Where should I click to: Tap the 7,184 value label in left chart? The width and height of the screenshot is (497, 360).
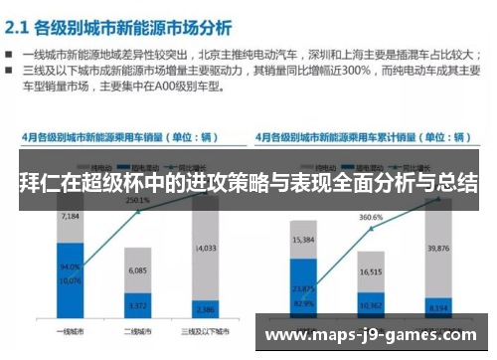point(69,216)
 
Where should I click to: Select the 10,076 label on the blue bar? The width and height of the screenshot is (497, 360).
point(69,279)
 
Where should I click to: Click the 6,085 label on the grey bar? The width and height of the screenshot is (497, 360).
point(137,270)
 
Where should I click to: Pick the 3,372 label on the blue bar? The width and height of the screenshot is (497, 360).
point(137,305)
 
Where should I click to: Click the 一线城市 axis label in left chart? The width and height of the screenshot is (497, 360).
point(69,329)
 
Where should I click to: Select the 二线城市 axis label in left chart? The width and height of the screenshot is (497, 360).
point(137,329)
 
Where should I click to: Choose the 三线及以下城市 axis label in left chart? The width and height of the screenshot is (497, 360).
point(206,329)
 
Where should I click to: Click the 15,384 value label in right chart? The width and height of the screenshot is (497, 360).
point(303,240)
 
